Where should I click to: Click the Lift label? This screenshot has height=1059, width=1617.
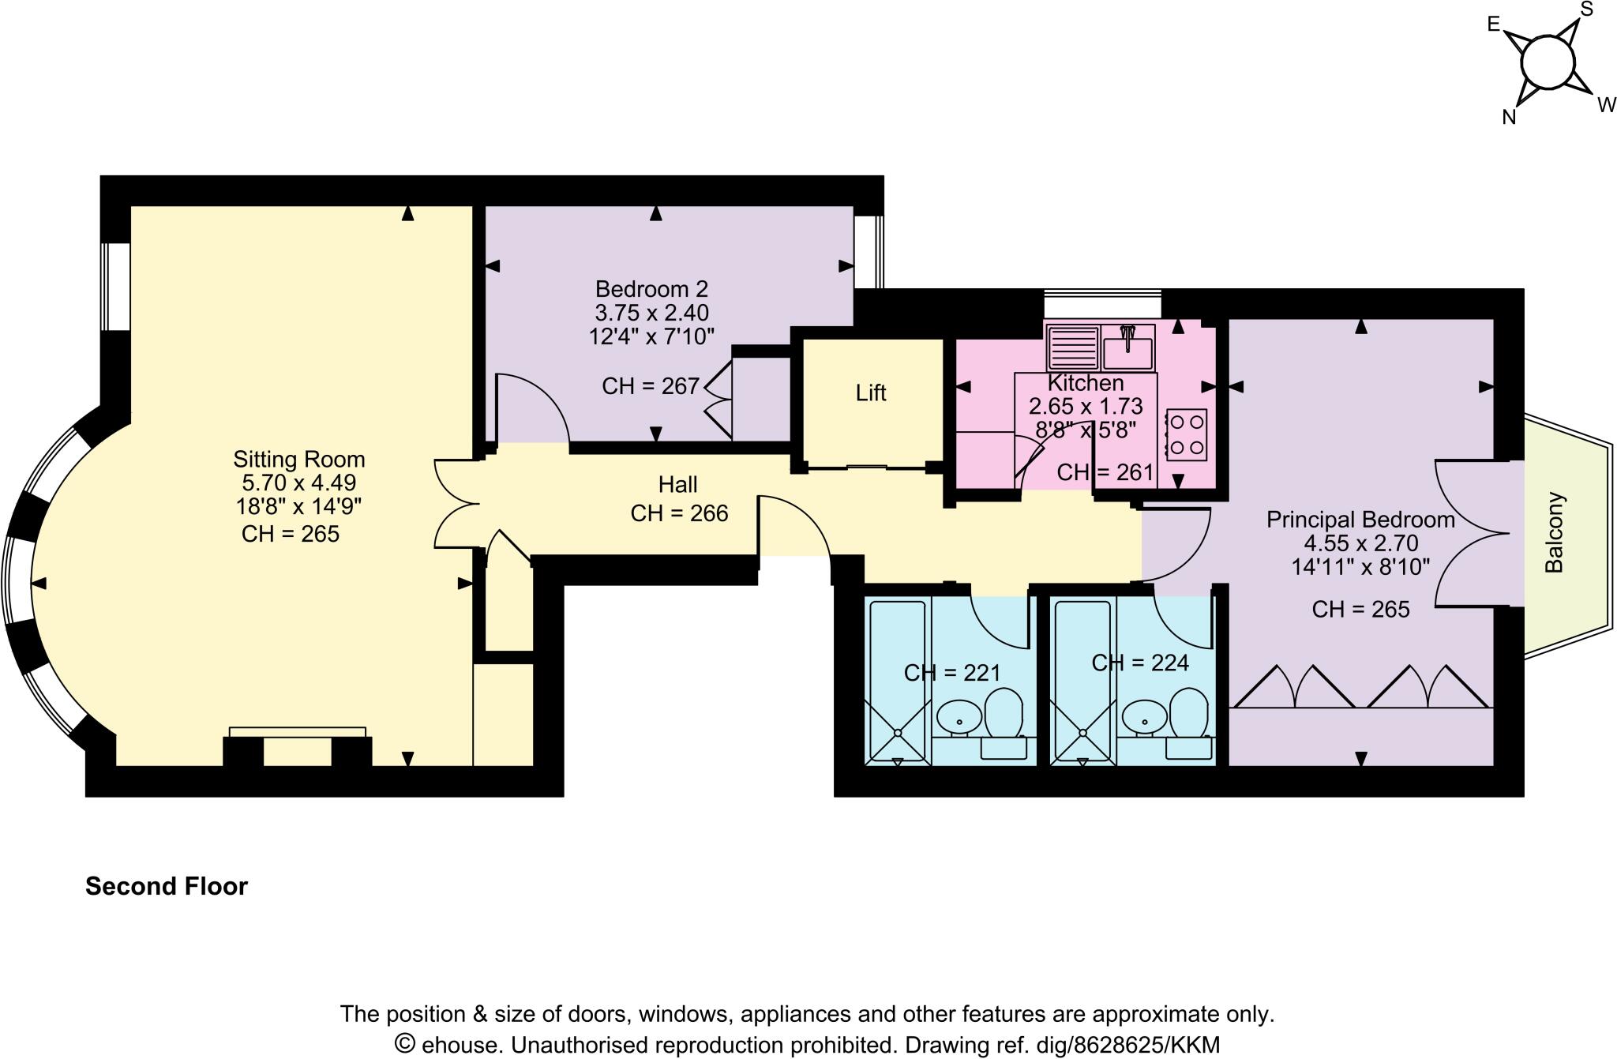coord(871,393)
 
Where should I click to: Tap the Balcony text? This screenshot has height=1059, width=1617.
coord(1554,533)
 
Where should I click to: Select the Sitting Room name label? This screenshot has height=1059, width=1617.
coord(299,460)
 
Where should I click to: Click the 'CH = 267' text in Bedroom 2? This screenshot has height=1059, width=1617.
coord(651,386)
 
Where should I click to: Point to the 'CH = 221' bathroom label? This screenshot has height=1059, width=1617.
coord(952,673)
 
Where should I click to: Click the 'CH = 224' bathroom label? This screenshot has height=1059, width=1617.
coord(1140,663)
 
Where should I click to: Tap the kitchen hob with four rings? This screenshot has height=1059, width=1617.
coord(1186,434)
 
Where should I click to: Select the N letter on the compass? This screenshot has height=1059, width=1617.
coord(1509,118)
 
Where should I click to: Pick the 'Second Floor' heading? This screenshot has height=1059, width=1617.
coord(167,887)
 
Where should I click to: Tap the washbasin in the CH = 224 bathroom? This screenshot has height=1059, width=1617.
coord(1142,717)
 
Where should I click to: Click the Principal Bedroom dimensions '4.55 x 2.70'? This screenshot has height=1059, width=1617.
coord(1360,543)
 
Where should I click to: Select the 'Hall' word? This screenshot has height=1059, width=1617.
coord(678,485)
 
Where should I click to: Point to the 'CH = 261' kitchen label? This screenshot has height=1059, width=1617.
coord(1105,472)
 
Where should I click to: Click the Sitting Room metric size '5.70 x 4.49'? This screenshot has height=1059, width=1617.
coord(299,483)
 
